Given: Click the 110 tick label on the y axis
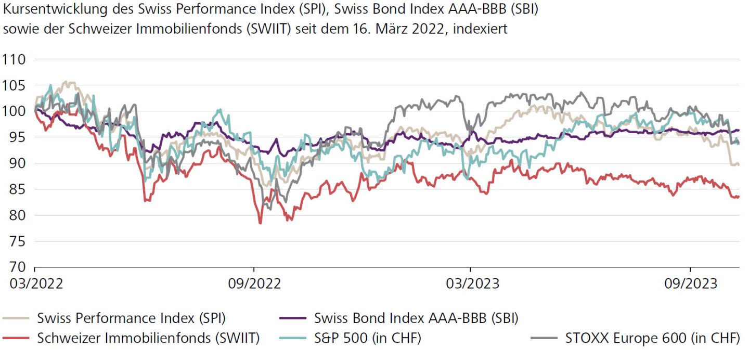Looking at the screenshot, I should click(14, 59).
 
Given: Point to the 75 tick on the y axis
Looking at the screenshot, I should click(14, 241).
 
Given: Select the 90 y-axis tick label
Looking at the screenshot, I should click(14, 163).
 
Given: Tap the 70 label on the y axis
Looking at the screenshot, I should click(14, 267).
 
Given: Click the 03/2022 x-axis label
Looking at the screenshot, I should click(35, 284).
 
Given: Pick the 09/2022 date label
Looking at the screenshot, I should click(254, 284).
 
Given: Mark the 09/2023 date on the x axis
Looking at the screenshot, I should click(690, 284).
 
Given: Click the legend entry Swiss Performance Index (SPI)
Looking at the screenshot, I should click(131, 317).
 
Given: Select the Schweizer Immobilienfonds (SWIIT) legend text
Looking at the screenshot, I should click(148, 338).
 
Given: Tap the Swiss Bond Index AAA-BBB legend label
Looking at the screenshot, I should click(416, 317).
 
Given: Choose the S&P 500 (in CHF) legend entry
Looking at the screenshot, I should click(367, 338).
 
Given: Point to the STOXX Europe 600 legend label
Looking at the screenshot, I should click(652, 338).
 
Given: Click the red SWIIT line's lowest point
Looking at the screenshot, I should click(260, 223).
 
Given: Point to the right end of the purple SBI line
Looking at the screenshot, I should click(739, 130).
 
